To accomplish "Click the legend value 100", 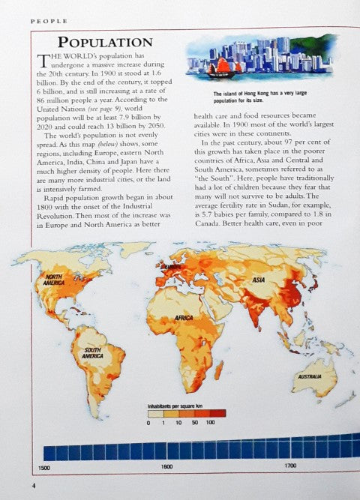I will tap(211, 424).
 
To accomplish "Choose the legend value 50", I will tap(195, 424).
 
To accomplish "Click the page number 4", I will tap(34, 486).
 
